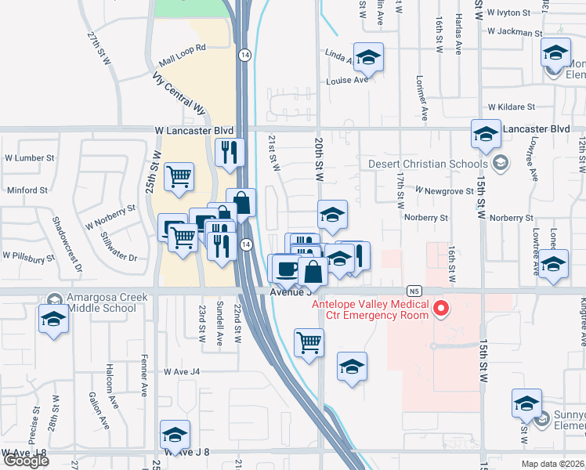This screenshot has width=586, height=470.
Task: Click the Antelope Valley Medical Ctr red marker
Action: (440, 309)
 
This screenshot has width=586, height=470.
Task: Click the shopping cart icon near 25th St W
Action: (179, 176)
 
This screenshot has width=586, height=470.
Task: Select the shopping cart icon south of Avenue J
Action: (309, 341)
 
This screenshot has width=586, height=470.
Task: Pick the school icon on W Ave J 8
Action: (175, 434)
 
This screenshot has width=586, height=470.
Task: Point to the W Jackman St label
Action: (514, 32)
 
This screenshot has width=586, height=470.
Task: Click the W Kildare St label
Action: (511, 107)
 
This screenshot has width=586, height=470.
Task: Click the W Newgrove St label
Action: (444, 190)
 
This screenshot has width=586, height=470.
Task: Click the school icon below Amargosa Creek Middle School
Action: (54, 320)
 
